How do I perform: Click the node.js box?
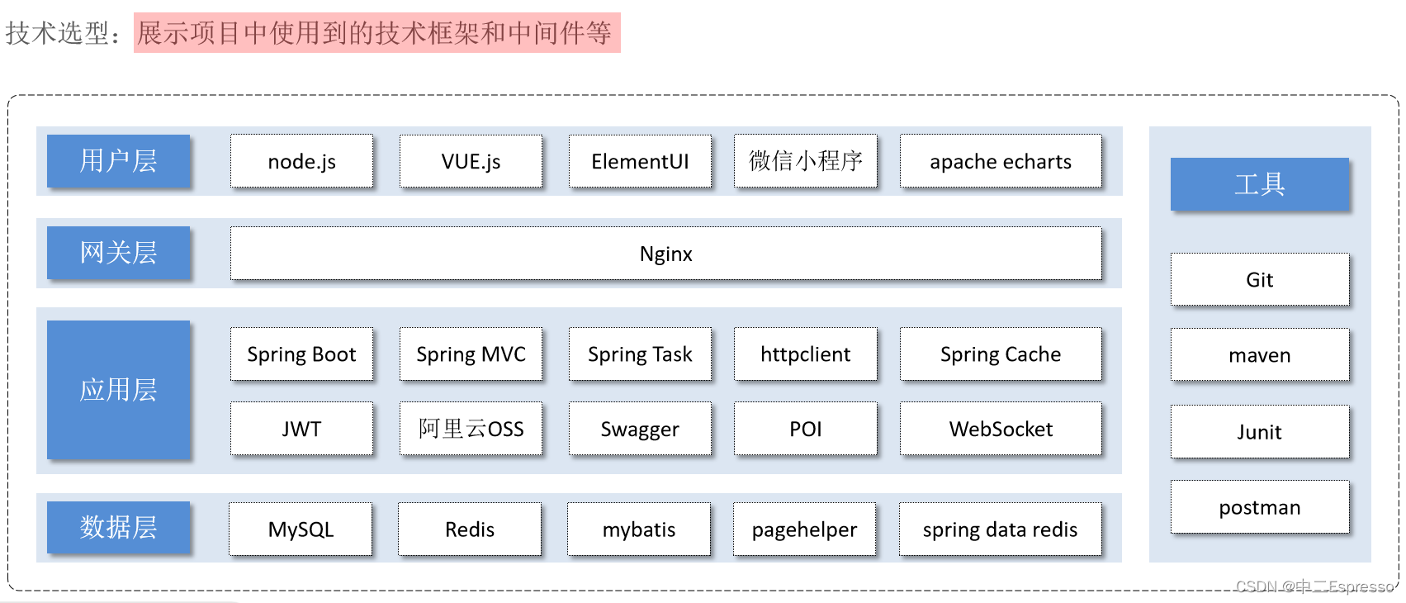tap(301, 161)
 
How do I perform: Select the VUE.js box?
tap(471, 161)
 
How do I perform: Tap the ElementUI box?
tap(640, 161)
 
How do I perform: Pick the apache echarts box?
tap(1001, 161)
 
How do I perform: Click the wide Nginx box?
tap(665, 254)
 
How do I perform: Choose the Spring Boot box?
tap(301, 354)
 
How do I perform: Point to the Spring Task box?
tap(640, 354)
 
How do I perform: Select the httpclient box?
tap(805, 354)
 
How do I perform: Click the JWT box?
tap(301, 429)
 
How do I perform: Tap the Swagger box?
tap(640, 429)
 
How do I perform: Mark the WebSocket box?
tap(1001, 429)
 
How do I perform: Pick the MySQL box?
tap(301, 529)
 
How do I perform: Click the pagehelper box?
tap(804, 529)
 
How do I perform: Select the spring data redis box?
tap(1000, 529)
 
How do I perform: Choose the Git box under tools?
tap(1259, 280)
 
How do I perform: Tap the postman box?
tap(1259, 507)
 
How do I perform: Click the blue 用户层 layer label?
tap(118, 161)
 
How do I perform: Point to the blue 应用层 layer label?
tap(118, 390)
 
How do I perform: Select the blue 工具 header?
tap(1259, 184)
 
